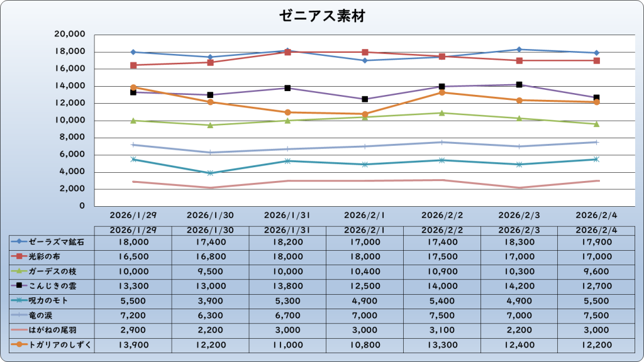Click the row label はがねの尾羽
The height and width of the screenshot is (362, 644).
coord(50,330)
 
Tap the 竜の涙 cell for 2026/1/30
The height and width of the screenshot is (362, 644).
coord(210,315)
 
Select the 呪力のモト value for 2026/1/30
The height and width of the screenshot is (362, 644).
coord(210,300)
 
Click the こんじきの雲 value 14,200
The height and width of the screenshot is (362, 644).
coord(519,286)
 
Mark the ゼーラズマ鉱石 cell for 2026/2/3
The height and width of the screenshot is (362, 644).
coord(519,241)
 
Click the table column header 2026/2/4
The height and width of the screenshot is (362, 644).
coord(596,230)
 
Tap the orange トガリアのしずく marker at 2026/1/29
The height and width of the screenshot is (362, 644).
coord(133,87)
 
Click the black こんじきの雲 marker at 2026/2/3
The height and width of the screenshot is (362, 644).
coord(519,85)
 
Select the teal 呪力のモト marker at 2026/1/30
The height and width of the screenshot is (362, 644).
coord(210,173)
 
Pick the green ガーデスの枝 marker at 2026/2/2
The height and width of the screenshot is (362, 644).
coord(442,113)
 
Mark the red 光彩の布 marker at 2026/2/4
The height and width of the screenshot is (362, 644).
coord(596,60)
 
